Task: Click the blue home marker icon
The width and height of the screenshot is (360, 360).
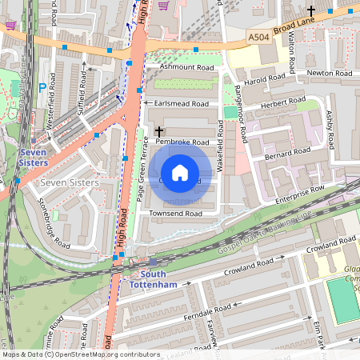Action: tap(180, 173)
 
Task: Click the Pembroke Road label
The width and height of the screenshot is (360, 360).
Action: tap(182, 142)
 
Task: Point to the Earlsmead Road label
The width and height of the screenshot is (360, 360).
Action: tap(182, 104)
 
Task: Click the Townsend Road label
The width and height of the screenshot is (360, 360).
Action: tap(175, 214)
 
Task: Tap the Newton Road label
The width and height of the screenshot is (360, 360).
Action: tap(330, 73)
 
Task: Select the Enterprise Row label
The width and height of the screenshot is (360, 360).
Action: tap(300, 193)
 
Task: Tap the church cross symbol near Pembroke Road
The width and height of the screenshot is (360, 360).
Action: tap(158, 130)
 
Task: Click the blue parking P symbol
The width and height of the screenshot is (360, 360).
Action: tap(42, 86)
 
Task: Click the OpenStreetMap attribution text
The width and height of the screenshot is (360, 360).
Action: tap(81, 354)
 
